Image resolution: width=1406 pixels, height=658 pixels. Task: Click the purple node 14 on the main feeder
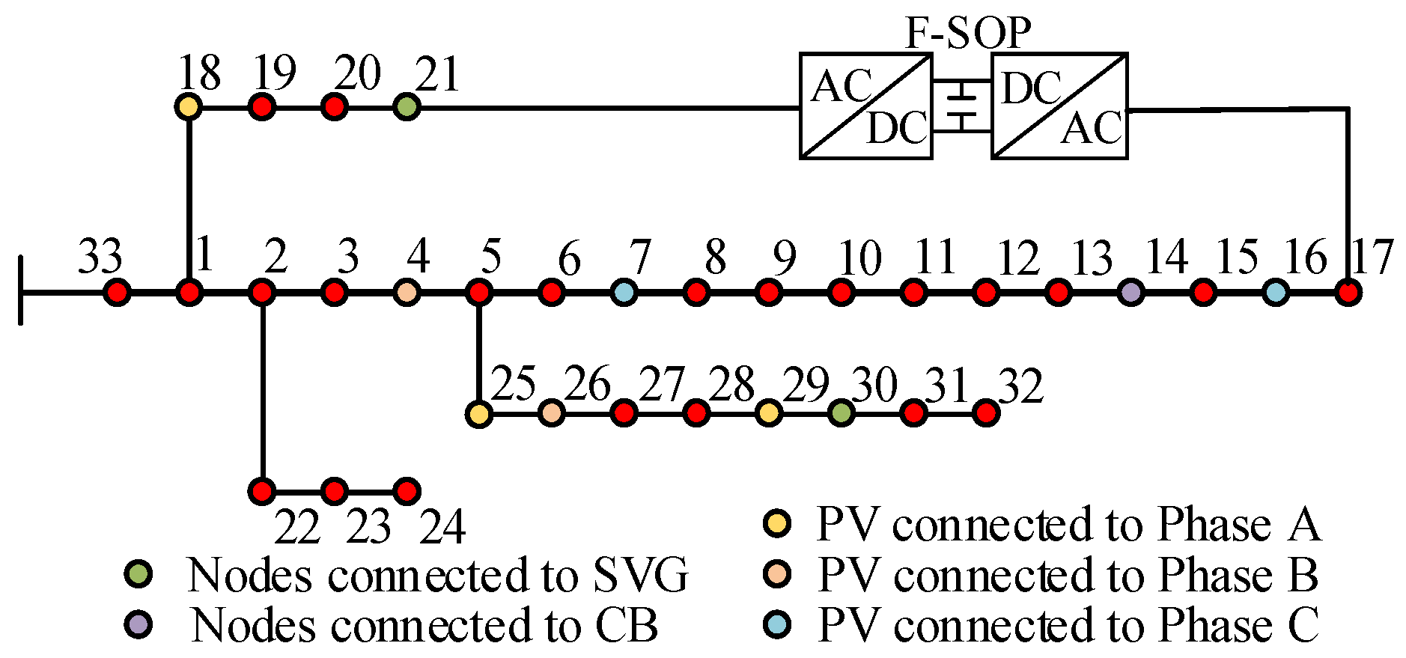tap(1131, 292)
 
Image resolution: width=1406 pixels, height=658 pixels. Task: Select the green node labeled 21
tap(407, 107)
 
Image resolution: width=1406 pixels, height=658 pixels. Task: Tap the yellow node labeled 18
tap(189, 107)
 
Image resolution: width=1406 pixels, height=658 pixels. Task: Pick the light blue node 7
tap(624, 292)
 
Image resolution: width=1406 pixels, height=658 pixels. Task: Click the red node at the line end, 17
tap(1348, 292)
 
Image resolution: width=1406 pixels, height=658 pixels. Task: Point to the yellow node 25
tap(478, 413)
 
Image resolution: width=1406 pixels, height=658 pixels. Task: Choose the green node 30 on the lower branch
tap(842, 412)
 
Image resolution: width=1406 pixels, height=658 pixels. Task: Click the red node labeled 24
tap(407, 492)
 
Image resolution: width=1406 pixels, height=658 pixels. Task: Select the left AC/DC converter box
tap(865, 106)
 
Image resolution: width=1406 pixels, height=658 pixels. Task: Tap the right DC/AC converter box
tap(1059, 106)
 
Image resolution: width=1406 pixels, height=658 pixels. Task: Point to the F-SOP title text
tap(968, 33)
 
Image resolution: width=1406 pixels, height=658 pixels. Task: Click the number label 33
tap(100, 257)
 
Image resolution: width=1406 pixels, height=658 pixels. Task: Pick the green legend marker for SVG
tap(139, 574)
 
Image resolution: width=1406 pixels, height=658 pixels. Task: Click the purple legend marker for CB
tap(139, 624)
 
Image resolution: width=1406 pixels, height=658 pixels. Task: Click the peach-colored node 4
tap(407, 292)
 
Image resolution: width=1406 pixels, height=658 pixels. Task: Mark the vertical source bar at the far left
tap(21, 290)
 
